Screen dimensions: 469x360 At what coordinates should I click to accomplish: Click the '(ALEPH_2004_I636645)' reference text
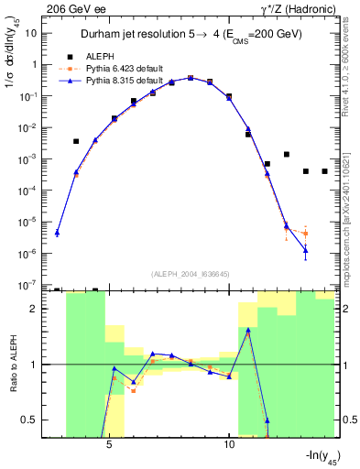coord(190,274)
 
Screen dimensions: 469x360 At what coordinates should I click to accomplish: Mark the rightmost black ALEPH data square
coord(324,171)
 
